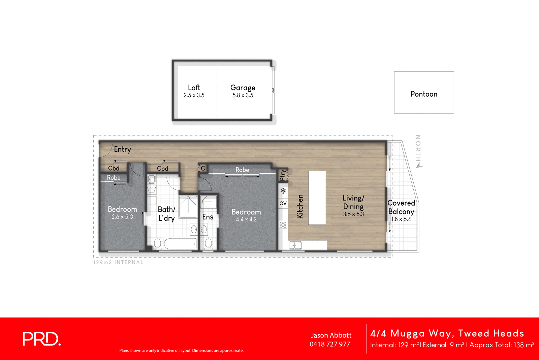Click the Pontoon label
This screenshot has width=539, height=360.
coord(424,94)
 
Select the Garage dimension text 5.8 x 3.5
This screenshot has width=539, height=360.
coord(243,95)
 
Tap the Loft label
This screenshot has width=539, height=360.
coord(194,88)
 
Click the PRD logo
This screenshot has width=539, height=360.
coord(41,339)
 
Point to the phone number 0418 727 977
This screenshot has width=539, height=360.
coord(330,344)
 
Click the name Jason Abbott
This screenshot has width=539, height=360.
coord(331,335)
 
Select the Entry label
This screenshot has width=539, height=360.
coord(122,149)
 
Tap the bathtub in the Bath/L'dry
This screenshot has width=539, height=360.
coord(180,243)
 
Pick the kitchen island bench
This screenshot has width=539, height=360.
coord(317,198)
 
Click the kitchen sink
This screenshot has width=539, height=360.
coord(295,245)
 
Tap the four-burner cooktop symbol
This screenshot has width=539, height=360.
coord(283,225)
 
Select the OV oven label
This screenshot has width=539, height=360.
coord(283,203)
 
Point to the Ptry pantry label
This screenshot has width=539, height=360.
coord(283,175)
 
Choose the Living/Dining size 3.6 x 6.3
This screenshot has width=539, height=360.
coord(353,214)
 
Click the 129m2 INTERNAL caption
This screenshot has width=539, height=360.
coord(118,262)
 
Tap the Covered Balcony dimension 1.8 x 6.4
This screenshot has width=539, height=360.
coord(401,219)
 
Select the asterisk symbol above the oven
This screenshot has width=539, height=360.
coord(283,191)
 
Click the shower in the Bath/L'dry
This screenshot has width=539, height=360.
coord(188,206)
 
